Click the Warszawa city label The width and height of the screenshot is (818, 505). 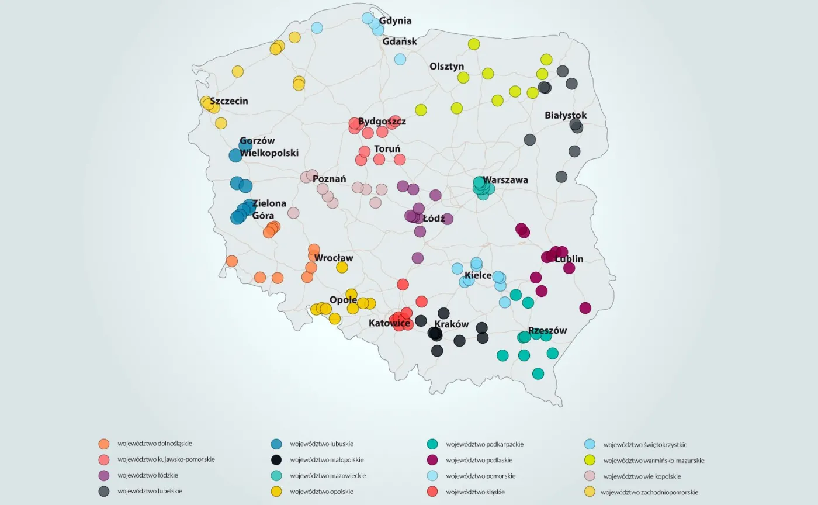[506, 179]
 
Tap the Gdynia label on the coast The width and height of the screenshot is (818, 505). [396, 21]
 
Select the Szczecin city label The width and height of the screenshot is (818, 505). [229, 101]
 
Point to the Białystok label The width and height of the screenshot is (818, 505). [566, 115]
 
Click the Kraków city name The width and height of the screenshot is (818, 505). [452, 324]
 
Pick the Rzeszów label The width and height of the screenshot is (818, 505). [547, 330]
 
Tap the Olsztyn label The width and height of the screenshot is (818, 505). [447, 67]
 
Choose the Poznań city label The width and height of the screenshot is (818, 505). [330, 179]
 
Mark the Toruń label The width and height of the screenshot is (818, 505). [387, 149]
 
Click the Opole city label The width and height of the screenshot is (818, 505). [344, 300]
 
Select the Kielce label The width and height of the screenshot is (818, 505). [478, 275]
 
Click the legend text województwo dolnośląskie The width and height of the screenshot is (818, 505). [155, 444]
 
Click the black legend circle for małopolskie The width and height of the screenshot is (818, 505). [276, 460]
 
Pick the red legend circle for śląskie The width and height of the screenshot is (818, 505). [432, 492]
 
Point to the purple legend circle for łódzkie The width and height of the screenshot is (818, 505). [104, 476]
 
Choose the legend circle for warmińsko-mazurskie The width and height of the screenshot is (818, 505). [590, 460]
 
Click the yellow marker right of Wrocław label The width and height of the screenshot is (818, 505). [342, 267]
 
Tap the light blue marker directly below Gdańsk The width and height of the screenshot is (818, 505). [400, 59]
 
